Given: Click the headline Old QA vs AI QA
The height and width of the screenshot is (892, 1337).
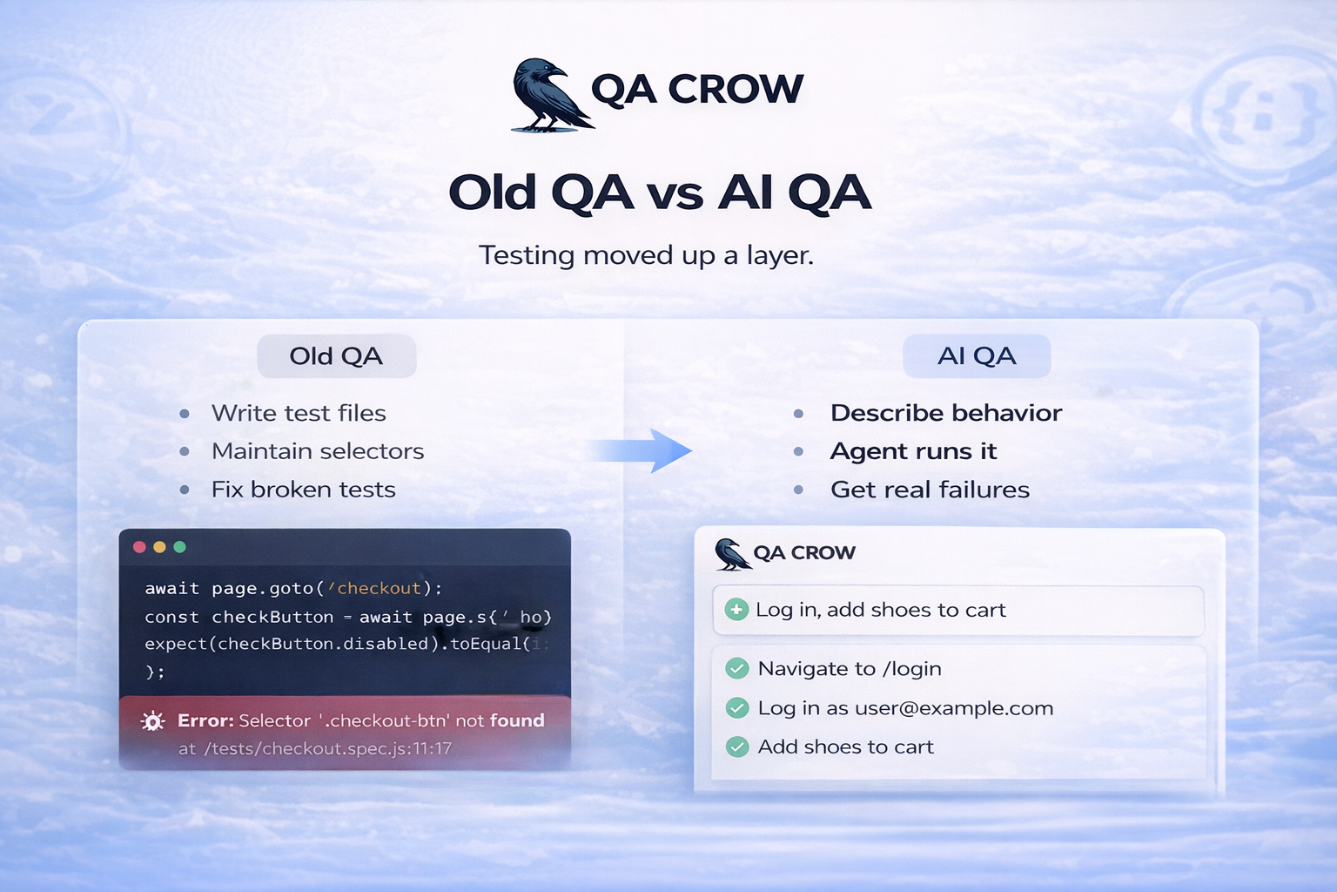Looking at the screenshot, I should [x=659, y=193].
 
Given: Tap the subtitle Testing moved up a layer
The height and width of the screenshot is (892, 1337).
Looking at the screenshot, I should [x=646, y=255].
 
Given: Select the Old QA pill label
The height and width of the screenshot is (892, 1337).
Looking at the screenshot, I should [x=336, y=356].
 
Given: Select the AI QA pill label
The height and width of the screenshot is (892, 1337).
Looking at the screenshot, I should [x=977, y=356].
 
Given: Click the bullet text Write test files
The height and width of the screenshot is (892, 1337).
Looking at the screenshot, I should [x=299, y=413].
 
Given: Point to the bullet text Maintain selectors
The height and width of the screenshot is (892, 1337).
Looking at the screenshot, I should [x=318, y=451].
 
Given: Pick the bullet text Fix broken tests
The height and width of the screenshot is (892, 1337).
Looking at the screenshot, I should [x=303, y=490].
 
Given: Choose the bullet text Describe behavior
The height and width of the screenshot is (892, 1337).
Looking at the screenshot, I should [x=946, y=413].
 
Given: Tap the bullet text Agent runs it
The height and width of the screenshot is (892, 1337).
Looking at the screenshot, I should [x=913, y=451].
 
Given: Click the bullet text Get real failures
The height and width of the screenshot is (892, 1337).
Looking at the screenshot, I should [x=930, y=490].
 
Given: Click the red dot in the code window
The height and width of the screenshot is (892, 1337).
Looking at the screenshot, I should [x=139, y=547].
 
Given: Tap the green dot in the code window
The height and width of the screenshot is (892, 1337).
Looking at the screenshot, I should [x=180, y=547].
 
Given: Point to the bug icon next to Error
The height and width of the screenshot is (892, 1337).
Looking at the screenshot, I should [x=153, y=721].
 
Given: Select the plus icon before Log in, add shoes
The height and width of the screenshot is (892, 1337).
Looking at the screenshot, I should [x=736, y=610].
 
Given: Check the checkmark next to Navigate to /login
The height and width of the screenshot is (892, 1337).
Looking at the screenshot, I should [x=737, y=669].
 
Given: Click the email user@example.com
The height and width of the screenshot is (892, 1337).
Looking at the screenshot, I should [x=954, y=708].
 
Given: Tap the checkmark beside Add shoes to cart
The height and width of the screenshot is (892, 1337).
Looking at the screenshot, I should [x=737, y=747].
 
